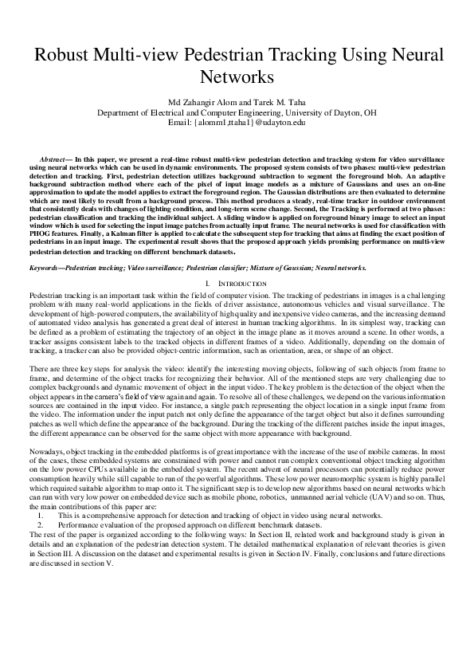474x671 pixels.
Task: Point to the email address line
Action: [x=237, y=123]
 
